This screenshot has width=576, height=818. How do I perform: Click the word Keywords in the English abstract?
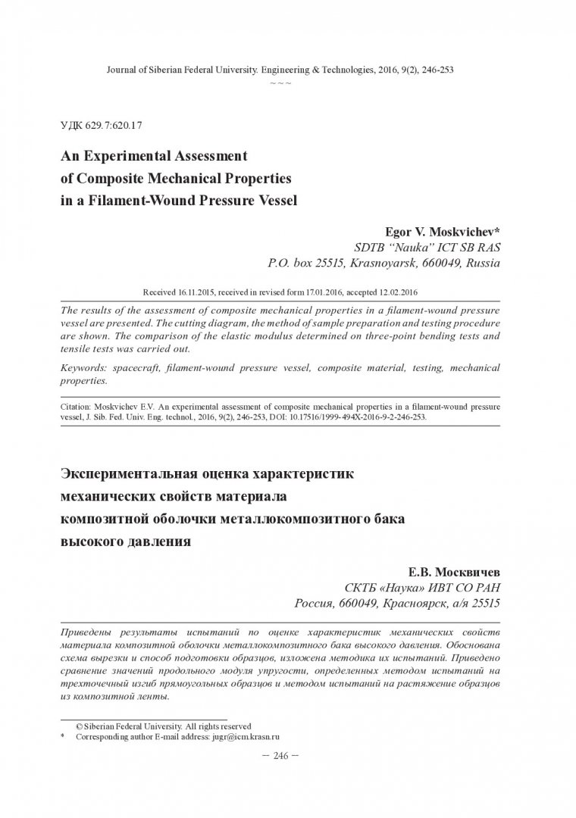click(86, 368)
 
